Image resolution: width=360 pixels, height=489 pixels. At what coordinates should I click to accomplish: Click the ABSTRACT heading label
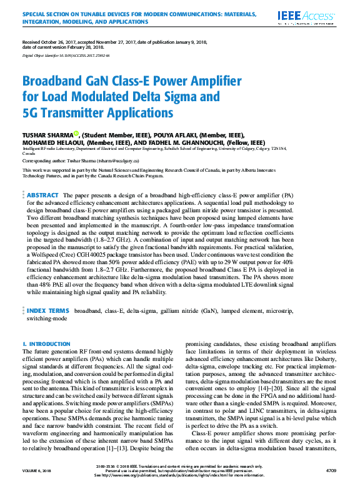coord(43,195)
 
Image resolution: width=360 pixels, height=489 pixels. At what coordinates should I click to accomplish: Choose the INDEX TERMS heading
coord(47,310)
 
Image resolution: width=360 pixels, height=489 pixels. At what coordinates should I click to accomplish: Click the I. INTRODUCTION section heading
coord(46,344)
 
